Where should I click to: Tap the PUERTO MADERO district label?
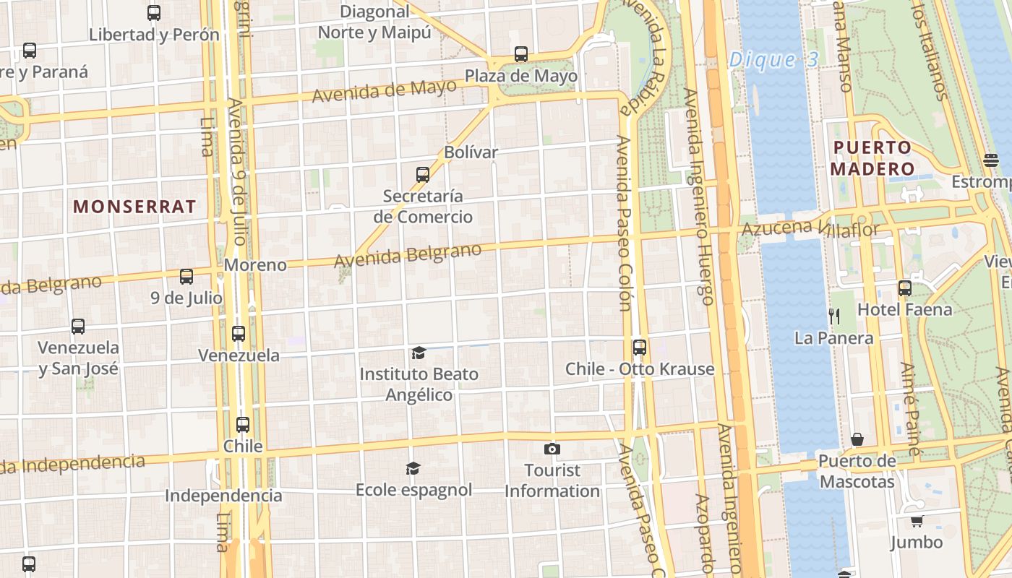[x=872, y=158]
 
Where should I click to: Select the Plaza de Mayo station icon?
[x=520, y=54]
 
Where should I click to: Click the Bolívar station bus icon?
[x=423, y=174]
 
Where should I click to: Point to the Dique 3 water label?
[x=773, y=60]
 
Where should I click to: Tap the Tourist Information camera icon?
[x=552, y=449]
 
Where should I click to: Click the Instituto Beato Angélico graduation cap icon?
[x=419, y=353]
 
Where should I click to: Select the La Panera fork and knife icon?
[x=833, y=316]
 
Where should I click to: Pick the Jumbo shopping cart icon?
[x=917, y=521]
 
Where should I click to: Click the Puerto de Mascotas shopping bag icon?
[x=857, y=439]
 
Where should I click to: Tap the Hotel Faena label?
[x=904, y=310]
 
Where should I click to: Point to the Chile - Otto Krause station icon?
[x=639, y=348]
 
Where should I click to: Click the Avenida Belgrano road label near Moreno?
[x=408, y=256]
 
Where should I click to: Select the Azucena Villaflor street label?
[x=810, y=229]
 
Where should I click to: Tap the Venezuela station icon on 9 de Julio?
[x=239, y=334]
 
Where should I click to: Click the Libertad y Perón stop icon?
[x=154, y=13]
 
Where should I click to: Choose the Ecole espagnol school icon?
[x=413, y=469]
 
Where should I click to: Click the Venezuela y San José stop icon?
[x=78, y=327]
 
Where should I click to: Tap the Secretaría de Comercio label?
[x=423, y=206]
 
